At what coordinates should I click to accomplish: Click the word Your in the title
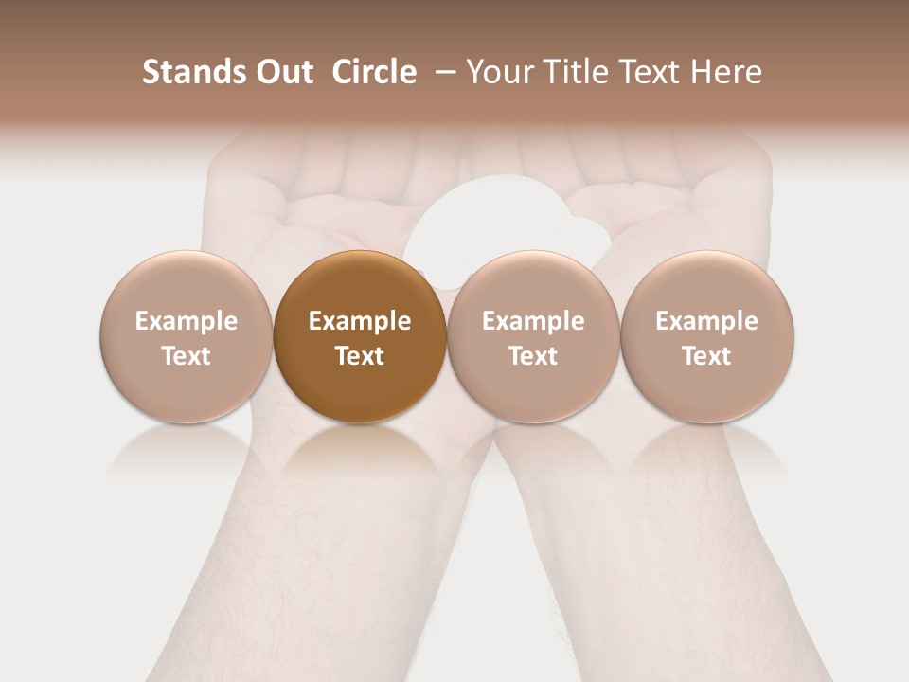(498, 72)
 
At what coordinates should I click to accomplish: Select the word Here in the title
(725, 72)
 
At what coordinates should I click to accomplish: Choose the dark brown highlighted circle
(360, 337)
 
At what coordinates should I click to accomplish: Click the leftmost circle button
(186, 337)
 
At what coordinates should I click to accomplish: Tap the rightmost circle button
(706, 337)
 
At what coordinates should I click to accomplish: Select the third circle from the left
(533, 337)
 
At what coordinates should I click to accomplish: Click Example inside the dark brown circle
(360, 321)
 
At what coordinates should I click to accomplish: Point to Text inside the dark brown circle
(360, 356)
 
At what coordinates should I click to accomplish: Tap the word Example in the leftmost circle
(186, 321)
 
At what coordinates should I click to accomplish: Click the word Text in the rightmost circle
(706, 356)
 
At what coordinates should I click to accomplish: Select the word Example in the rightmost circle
(706, 321)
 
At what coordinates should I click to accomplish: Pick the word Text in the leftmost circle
(186, 356)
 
